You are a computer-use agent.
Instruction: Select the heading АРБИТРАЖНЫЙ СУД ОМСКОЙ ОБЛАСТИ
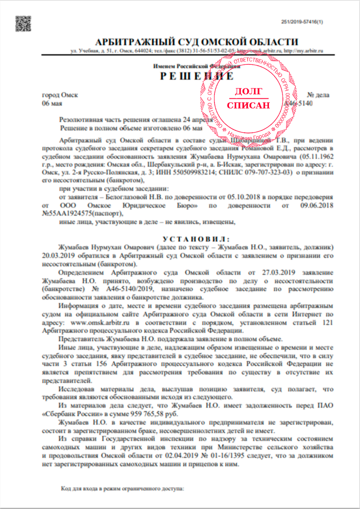click(191, 41)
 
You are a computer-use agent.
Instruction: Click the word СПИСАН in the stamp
click(248, 105)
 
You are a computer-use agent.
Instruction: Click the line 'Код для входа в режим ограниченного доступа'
click(122, 490)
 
